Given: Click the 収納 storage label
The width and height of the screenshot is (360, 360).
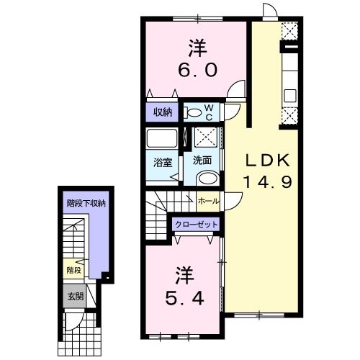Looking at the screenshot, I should (163, 112).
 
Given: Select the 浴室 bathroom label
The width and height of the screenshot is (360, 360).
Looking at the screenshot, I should (162, 161).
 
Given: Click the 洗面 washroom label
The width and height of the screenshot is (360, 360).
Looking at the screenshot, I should (202, 161).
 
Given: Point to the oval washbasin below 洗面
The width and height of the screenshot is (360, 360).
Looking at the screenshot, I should (207, 180).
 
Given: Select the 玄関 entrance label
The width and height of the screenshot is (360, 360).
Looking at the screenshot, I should (75, 296).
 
